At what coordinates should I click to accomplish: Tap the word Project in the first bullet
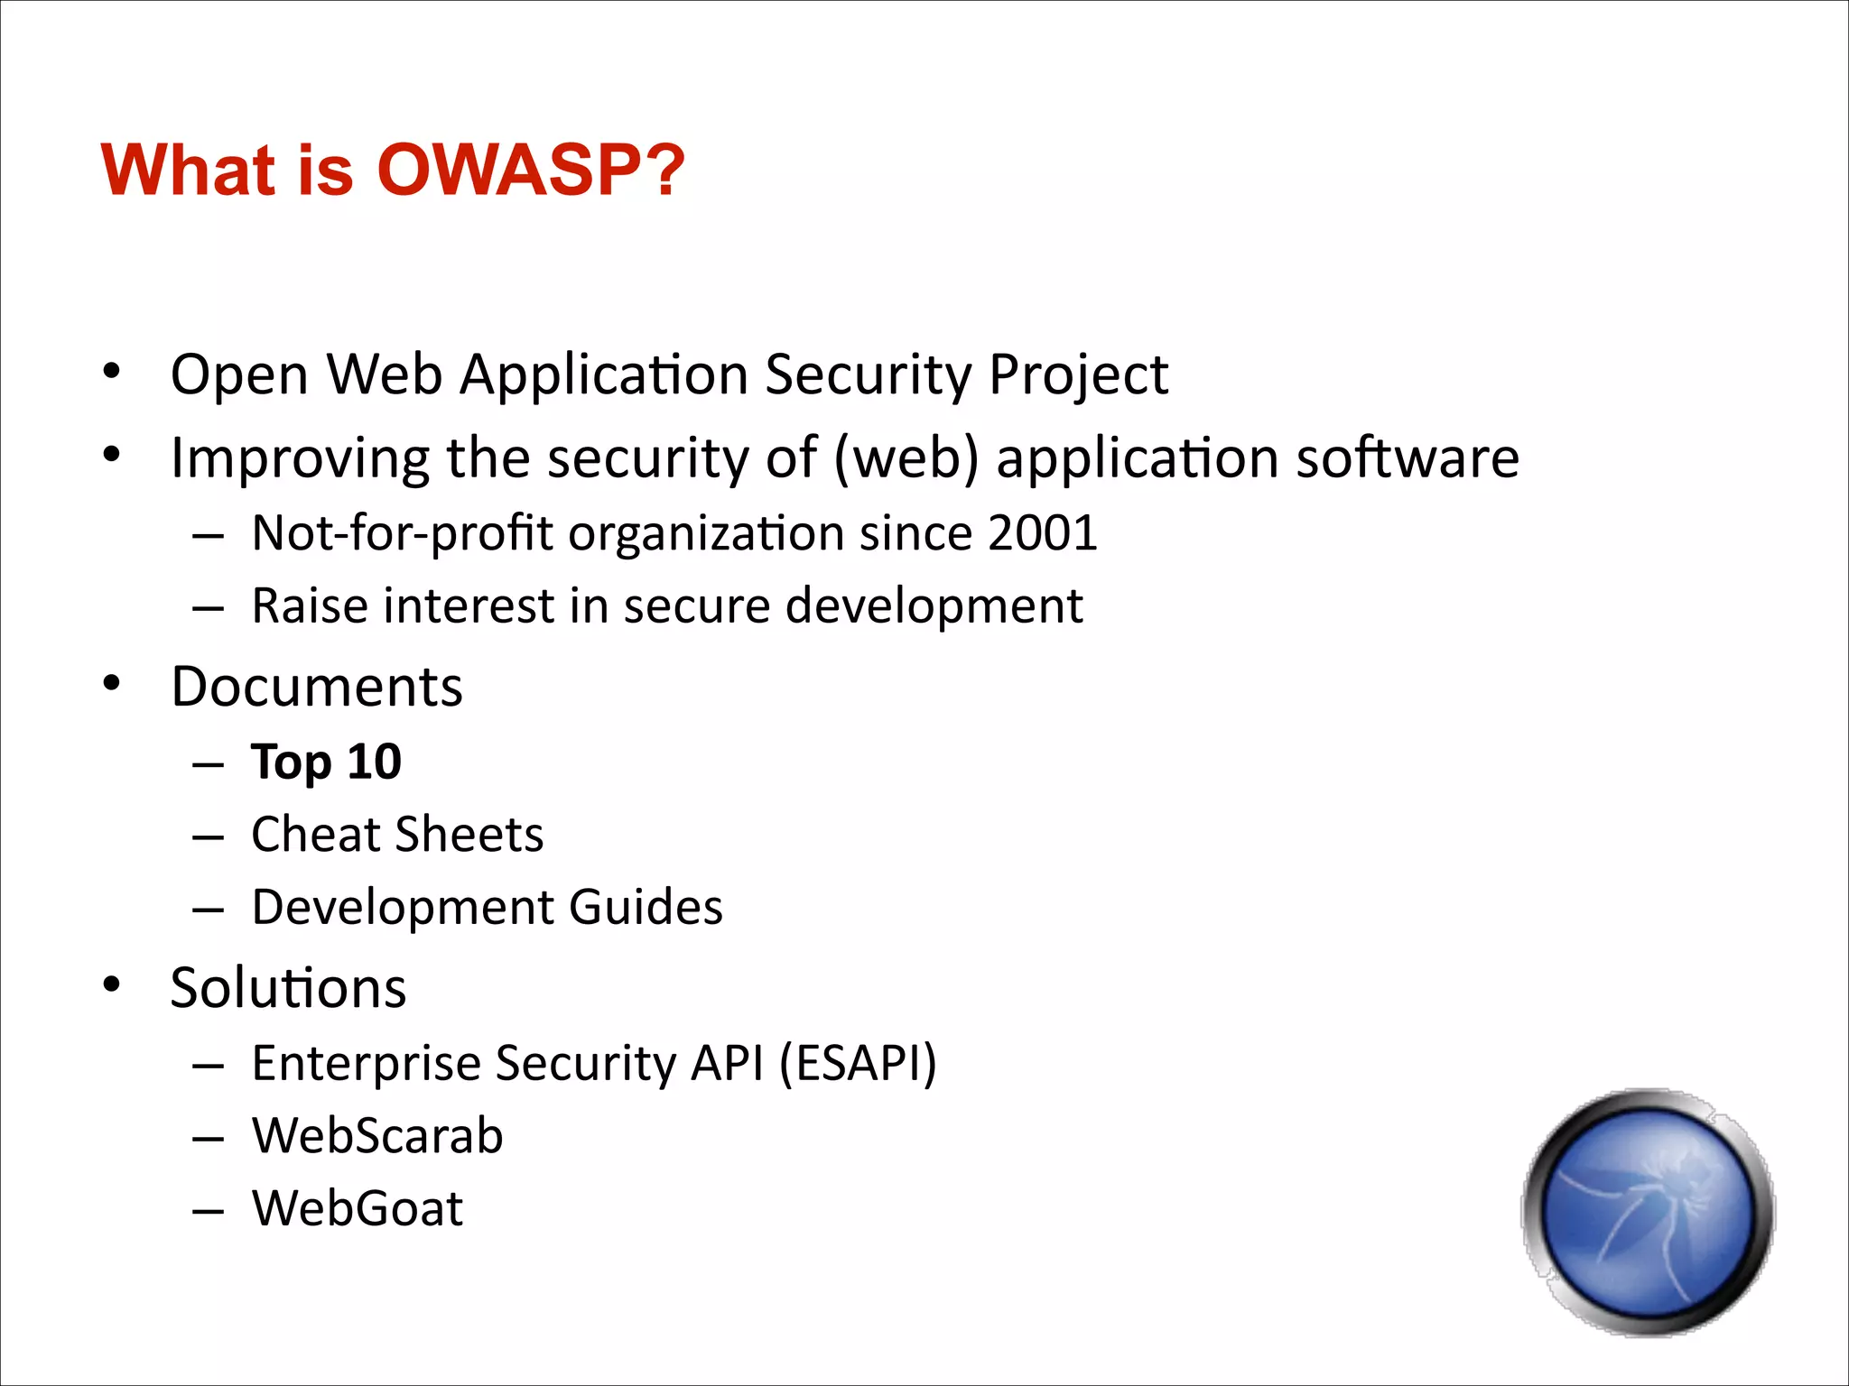click(x=1078, y=374)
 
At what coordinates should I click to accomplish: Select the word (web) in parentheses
click(x=906, y=457)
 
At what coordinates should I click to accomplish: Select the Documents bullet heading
click(x=317, y=687)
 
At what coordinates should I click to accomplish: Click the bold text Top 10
click(x=326, y=762)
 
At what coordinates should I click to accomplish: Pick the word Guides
click(x=646, y=907)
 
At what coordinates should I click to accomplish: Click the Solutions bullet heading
click(x=288, y=988)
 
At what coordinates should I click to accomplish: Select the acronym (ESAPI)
click(x=858, y=1063)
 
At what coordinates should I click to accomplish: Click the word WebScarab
click(x=377, y=1135)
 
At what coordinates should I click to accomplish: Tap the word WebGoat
click(x=358, y=1208)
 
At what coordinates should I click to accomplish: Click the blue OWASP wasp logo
click(x=1649, y=1212)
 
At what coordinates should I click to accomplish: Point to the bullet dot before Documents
click(x=111, y=685)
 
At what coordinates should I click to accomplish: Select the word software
click(x=1408, y=457)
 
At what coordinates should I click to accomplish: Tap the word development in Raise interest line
click(x=934, y=605)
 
